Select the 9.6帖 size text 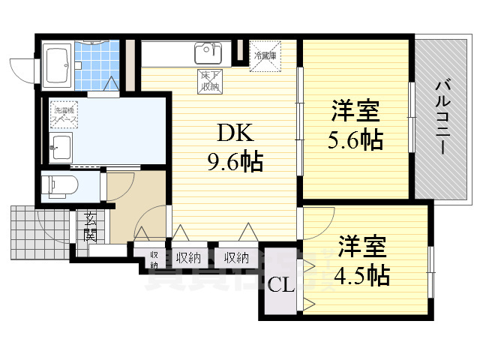coord(235,160)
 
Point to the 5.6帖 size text coord(355,139)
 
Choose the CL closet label coord(281,286)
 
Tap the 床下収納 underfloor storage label coord(211,81)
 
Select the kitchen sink coord(208,52)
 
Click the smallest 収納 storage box coord(153,259)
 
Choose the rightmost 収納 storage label coord(235,258)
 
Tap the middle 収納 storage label coord(188,258)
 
